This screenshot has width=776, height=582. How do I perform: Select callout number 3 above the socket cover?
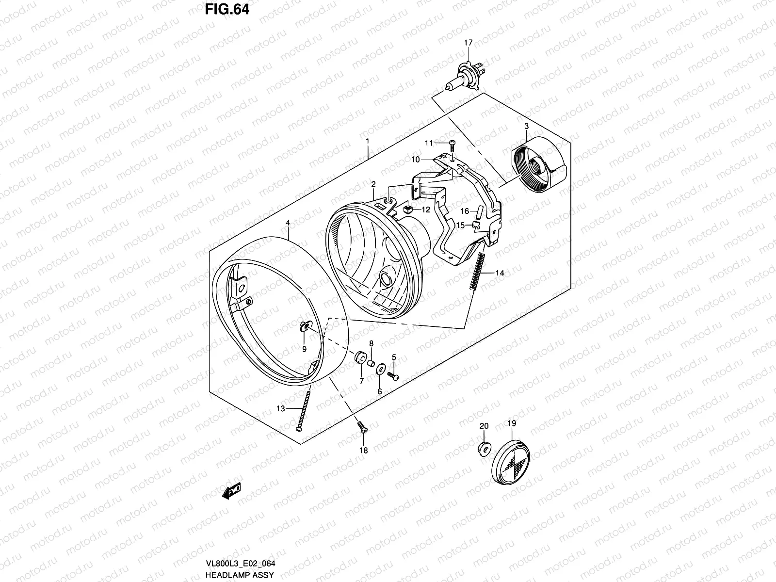pos(526,127)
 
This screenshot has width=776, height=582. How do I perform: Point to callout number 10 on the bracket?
pos(416,159)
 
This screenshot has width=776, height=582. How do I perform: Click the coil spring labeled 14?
pos(476,273)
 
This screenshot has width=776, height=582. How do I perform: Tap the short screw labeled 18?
pos(361,427)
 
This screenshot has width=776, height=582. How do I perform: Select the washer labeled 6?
pos(381,369)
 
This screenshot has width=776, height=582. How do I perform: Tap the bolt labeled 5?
pos(393,375)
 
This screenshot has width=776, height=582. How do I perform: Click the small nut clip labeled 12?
pos(408,210)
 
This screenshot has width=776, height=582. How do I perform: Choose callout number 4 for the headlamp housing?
pos(288,223)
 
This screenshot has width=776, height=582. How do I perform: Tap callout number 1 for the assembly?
pos(367,141)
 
